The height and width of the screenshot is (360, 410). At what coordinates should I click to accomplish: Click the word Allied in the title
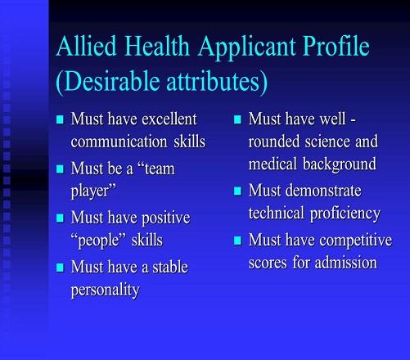tap(87, 46)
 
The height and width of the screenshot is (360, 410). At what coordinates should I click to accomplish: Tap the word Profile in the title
tap(336, 46)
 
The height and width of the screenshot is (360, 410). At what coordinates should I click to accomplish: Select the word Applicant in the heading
tap(246, 47)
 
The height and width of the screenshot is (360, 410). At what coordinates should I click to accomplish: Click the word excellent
tap(169, 119)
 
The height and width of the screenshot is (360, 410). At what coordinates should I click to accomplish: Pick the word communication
tap(119, 142)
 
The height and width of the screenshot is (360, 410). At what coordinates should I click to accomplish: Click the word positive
tap(166, 218)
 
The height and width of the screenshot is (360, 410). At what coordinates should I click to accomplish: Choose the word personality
tap(105, 290)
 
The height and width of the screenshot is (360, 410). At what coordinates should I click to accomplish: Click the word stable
tap(170, 267)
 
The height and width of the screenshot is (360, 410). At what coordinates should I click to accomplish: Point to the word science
tap(327, 142)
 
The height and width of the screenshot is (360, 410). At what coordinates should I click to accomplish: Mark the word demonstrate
tap(323, 191)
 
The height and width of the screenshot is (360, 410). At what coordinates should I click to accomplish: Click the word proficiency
tap(345, 214)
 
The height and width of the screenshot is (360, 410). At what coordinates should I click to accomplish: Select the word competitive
tap(356, 241)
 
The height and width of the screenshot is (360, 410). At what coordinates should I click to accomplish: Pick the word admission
tap(346, 263)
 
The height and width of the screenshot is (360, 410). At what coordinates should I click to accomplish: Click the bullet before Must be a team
tap(60, 169)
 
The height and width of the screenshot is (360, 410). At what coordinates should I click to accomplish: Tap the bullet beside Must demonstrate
tap(238, 191)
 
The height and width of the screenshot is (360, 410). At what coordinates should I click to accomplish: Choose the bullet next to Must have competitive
tap(238, 241)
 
